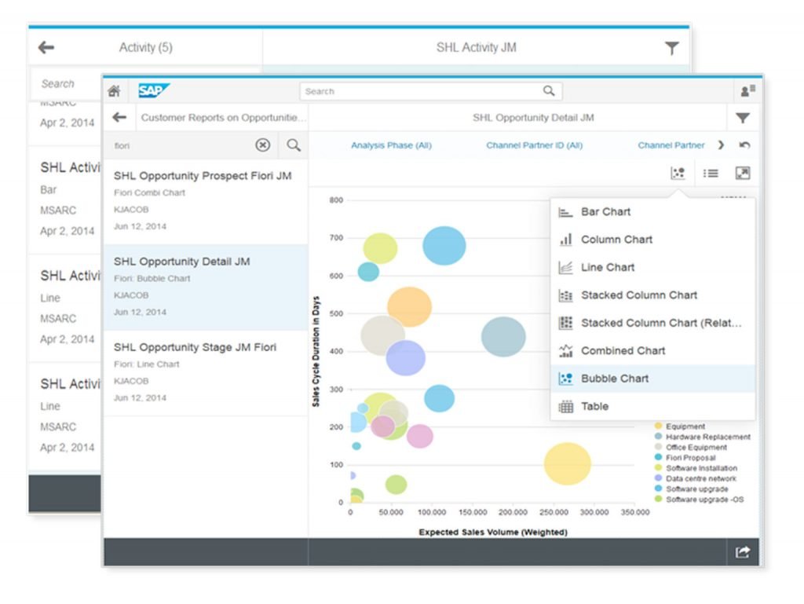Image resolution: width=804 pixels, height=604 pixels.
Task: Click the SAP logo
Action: click(x=153, y=90)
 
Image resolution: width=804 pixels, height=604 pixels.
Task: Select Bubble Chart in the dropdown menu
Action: click(x=615, y=379)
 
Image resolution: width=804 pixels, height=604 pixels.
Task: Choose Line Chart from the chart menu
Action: click(x=607, y=267)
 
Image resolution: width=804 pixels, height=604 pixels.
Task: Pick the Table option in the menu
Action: click(x=594, y=406)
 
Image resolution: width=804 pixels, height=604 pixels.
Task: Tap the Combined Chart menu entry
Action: click(x=623, y=350)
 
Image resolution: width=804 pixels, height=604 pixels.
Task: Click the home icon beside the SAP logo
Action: click(x=114, y=91)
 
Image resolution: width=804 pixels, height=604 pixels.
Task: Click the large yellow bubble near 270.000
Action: click(x=567, y=463)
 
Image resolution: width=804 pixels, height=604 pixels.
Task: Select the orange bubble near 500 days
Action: click(x=409, y=307)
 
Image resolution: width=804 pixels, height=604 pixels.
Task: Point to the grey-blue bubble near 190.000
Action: click(x=503, y=337)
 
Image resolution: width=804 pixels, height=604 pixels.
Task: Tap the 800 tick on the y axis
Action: click(x=336, y=200)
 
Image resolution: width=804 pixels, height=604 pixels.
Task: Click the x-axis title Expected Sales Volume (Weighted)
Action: click(x=492, y=532)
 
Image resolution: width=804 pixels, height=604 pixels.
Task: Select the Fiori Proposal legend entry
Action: click(x=690, y=458)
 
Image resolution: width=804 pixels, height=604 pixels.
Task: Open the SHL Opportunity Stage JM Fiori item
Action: click(x=195, y=347)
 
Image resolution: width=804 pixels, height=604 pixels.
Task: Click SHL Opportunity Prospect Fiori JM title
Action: click(x=203, y=176)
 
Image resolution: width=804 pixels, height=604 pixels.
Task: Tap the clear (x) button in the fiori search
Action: click(x=263, y=145)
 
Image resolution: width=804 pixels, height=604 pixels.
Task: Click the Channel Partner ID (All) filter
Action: click(x=534, y=145)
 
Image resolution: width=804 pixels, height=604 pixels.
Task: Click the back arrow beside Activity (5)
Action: click(x=46, y=48)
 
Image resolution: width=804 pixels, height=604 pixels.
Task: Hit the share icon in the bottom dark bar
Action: click(x=742, y=552)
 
